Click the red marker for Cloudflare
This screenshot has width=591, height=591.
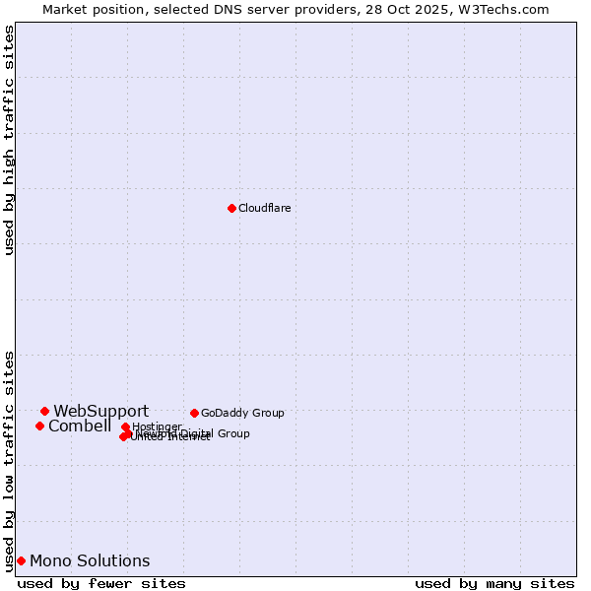[231, 208]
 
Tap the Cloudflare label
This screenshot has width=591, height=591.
[265, 208]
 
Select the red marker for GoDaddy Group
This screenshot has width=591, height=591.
[194, 413]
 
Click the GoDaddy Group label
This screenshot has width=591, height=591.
[242, 413]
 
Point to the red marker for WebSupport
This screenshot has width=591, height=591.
[44, 411]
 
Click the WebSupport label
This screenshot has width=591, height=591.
[101, 412]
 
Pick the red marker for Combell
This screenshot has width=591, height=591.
[39, 426]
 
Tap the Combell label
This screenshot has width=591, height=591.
[80, 427]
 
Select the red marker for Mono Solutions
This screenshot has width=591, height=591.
[21, 560]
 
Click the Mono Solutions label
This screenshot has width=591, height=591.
[90, 561]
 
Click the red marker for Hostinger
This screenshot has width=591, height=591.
[125, 427]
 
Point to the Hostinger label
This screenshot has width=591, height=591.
[157, 427]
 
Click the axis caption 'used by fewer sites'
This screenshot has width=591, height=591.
[101, 583]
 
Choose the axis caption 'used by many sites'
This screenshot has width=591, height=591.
[494, 583]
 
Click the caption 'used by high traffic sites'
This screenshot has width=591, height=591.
[9, 140]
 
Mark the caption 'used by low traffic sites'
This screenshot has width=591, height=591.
[9, 461]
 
